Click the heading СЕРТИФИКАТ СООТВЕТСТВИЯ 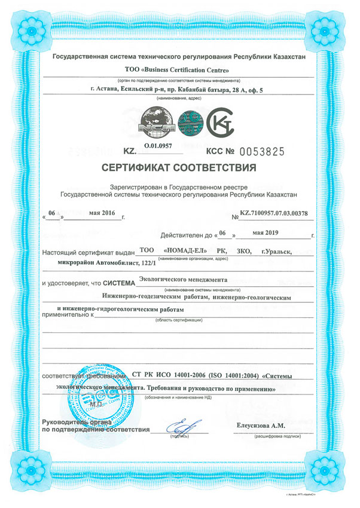(179, 166)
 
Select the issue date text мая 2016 (101, 212)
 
